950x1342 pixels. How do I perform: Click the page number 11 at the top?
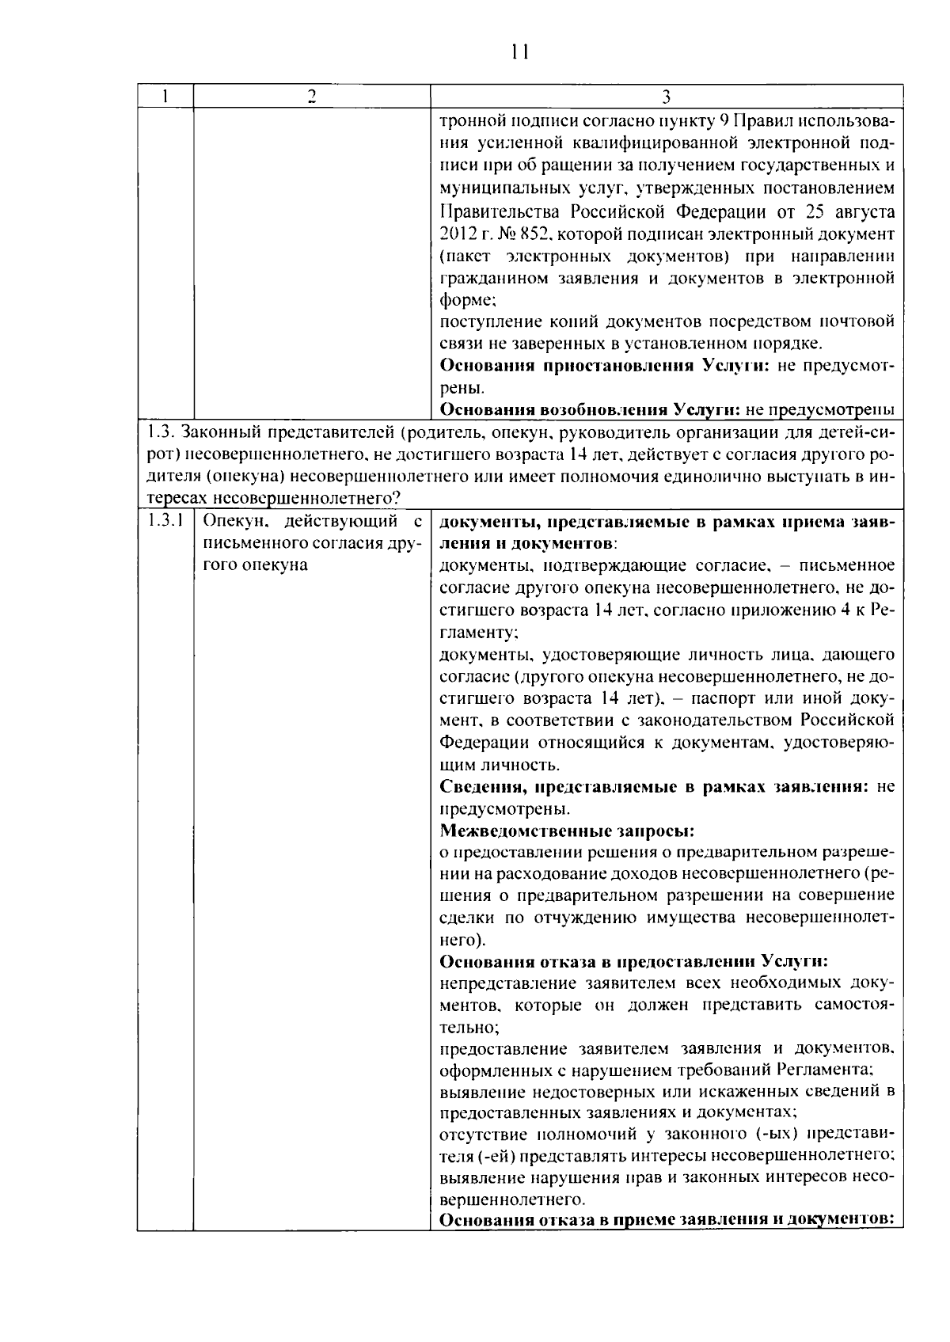tap(519, 52)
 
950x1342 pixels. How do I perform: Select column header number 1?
tap(165, 97)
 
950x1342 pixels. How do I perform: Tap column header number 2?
tap(311, 97)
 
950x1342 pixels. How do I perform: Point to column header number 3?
tap(666, 97)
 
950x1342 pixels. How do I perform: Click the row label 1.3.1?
tap(165, 521)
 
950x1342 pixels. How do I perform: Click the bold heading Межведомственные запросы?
tap(567, 831)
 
